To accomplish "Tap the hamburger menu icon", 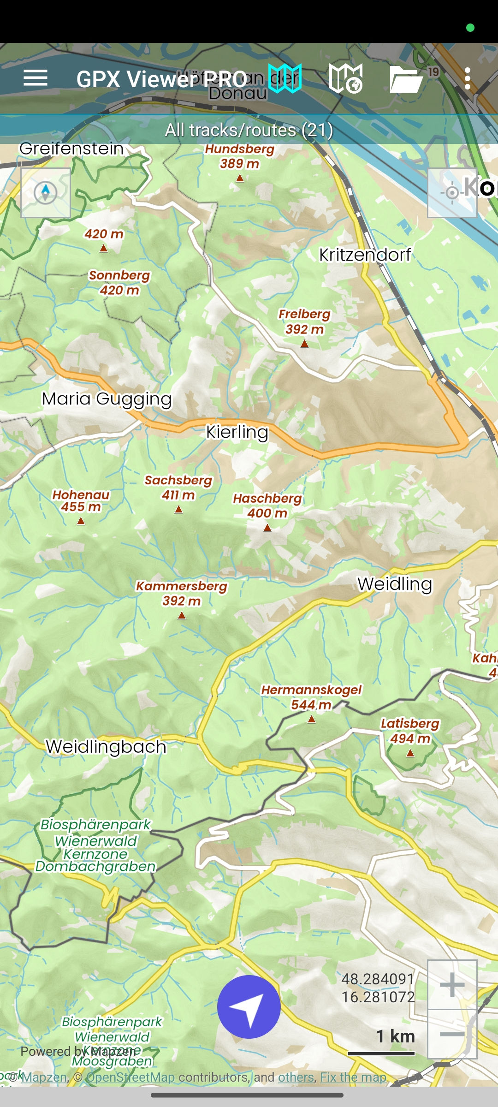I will click(36, 78).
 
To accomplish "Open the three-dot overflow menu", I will click(468, 78).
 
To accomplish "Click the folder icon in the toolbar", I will click(406, 79).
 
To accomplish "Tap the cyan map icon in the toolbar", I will click(285, 78).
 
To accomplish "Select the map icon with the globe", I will click(346, 78).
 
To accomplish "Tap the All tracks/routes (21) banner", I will click(249, 130).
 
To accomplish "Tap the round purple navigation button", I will click(249, 1006).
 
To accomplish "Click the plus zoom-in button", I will click(452, 984).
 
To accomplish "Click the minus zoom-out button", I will click(452, 1034).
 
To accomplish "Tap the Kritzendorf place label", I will click(365, 255).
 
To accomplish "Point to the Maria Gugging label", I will click(107, 399).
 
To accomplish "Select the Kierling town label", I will click(237, 432).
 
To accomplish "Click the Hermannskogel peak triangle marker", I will click(312, 719).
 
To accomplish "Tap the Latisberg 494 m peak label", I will click(410, 731).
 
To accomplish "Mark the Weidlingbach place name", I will click(106, 747).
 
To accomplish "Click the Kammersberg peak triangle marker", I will click(182, 615).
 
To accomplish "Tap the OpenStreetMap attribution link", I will click(130, 1077).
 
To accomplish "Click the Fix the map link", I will click(353, 1077).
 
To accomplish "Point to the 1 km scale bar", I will click(381, 1053).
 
